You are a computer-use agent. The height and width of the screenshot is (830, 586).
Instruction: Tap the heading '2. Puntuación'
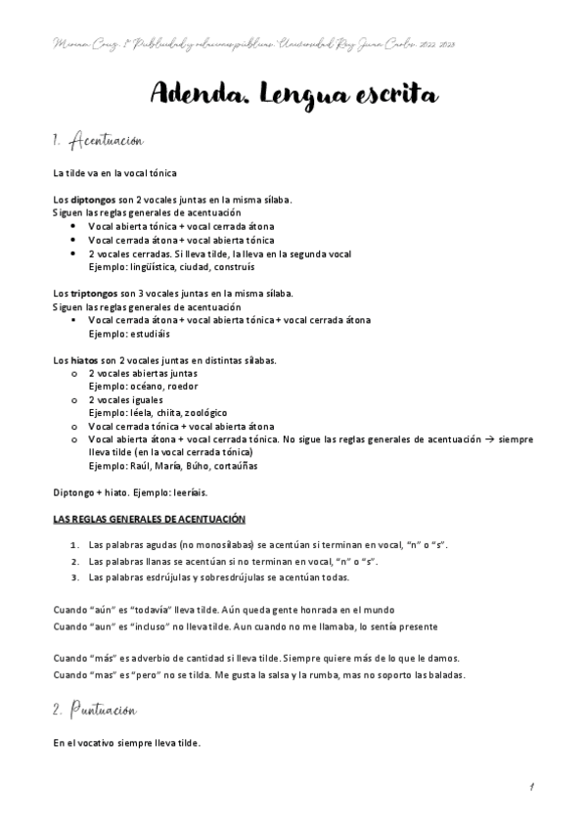click(95, 709)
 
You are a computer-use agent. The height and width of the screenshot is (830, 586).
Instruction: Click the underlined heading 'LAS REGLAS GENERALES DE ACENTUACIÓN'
click(149, 518)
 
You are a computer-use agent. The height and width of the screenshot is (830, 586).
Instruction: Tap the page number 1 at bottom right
click(529, 786)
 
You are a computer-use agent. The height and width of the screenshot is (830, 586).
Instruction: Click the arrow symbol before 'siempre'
click(486, 439)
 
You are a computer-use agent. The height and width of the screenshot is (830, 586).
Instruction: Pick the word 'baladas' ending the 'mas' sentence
click(446, 674)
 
